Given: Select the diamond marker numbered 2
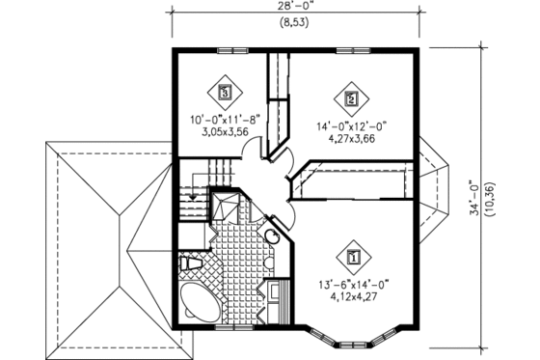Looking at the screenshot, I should (350, 98).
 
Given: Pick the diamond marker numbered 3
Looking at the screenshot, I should (225, 94).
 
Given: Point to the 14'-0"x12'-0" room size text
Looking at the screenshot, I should (350, 125).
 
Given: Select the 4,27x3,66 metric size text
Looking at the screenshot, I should (350, 137).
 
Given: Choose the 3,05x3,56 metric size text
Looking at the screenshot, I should (225, 134).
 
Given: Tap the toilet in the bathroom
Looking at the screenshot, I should (190, 262).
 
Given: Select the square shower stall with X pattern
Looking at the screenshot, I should (229, 206).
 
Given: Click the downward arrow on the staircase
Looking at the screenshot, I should (196, 194).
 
